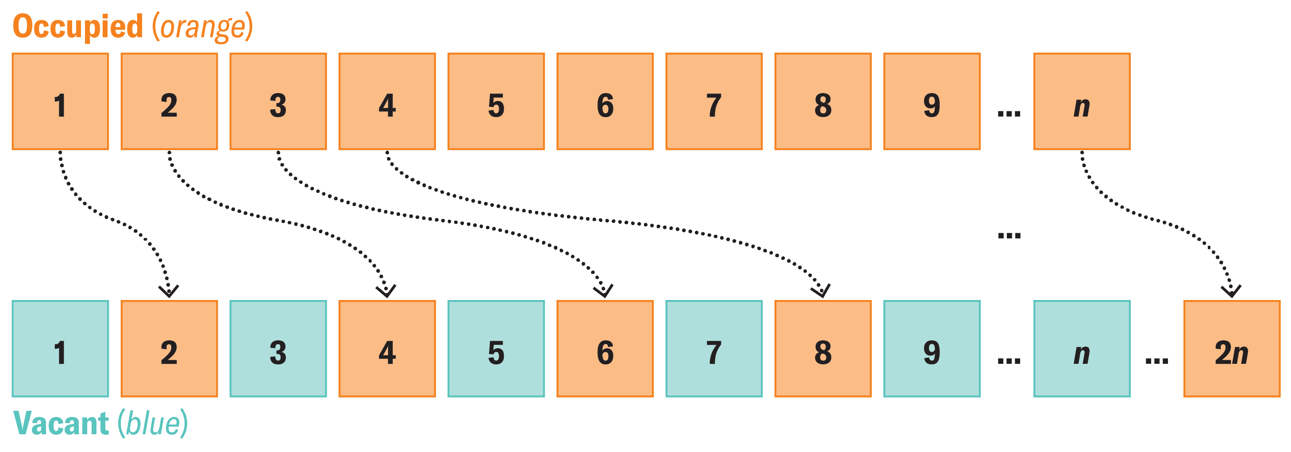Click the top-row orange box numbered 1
[x=60, y=101]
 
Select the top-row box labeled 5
[x=496, y=101]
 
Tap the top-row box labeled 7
[x=714, y=101]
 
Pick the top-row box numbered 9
[x=932, y=101]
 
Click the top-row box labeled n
[x=1082, y=101]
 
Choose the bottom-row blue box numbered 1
[x=60, y=349]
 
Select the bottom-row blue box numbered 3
[x=278, y=349]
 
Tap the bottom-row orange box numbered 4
[x=387, y=349]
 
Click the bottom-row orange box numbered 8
[x=823, y=349]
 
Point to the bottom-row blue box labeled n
[x=1082, y=349]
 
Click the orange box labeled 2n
[x=1232, y=349]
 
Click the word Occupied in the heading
[x=78, y=27]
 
